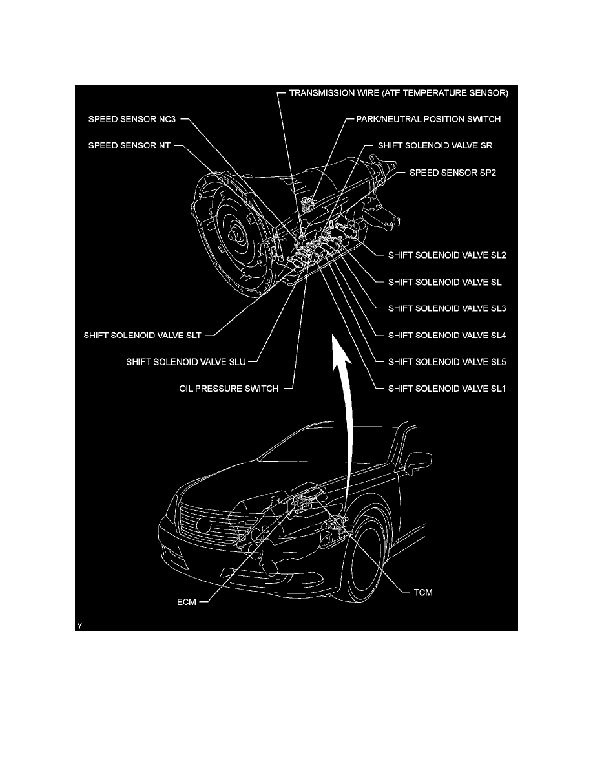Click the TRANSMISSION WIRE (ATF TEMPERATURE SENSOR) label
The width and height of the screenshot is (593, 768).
pyautogui.click(x=399, y=93)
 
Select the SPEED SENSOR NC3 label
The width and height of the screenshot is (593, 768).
pyautogui.click(x=132, y=119)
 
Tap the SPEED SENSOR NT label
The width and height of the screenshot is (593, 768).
pyautogui.click(x=129, y=145)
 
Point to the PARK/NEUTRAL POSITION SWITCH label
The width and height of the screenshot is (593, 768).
pyautogui.click(x=428, y=119)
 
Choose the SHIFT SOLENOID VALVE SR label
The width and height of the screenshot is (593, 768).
pyautogui.click(x=435, y=145)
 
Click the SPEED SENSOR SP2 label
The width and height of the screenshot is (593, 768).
pyautogui.click(x=453, y=173)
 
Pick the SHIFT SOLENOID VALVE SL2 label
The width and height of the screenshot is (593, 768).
pyautogui.click(x=447, y=255)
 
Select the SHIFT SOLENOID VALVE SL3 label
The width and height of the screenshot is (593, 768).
pyautogui.click(x=447, y=308)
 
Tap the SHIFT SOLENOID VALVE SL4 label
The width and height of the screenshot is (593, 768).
pyautogui.click(x=447, y=336)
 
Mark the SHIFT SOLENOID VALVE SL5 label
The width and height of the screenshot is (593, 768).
pyautogui.click(x=447, y=362)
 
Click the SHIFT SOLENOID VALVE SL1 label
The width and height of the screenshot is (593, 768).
pyautogui.click(x=447, y=389)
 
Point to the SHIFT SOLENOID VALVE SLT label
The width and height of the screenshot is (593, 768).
pyautogui.click(x=142, y=336)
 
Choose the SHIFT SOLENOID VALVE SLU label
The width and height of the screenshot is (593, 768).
pyautogui.click(x=186, y=362)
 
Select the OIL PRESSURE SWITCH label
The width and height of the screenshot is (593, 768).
pyautogui.click(x=229, y=389)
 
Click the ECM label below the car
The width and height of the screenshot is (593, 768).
pyautogui.click(x=187, y=602)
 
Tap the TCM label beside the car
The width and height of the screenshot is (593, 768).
pyautogui.click(x=423, y=593)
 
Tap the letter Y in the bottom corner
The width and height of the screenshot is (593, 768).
pyautogui.click(x=79, y=626)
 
